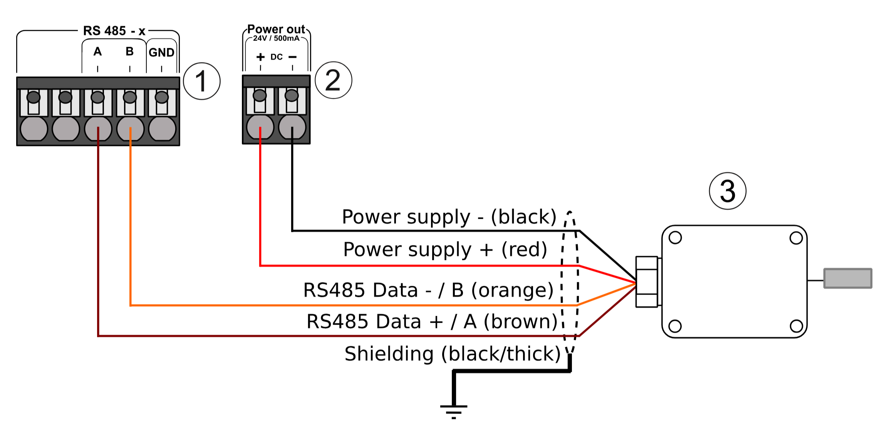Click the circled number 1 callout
(x=201, y=81)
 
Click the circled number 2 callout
(x=333, y=80)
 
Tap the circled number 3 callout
(x=728, y=191)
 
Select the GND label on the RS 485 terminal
(x=161, y=52)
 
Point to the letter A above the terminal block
(x=97, y=51)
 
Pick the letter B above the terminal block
(x=130, y=51)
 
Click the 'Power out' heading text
(x=276, y=29)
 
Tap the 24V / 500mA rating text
(x=276, y=38)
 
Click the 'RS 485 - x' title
(x=114, y=31)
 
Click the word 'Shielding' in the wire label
(x=389, y=354)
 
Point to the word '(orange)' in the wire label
(x=513, y=290)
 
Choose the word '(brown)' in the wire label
(x=520, y=322)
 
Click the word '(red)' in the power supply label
(x=524, y=250)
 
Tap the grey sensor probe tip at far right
(x=848, y=278)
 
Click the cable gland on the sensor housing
(x=647, y=282)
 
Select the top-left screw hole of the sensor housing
(x=675, y=238)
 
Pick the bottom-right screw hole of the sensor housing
(x=796, y=326)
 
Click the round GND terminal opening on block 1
(x=162, y=129)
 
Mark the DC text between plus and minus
(x=277, y=57)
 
